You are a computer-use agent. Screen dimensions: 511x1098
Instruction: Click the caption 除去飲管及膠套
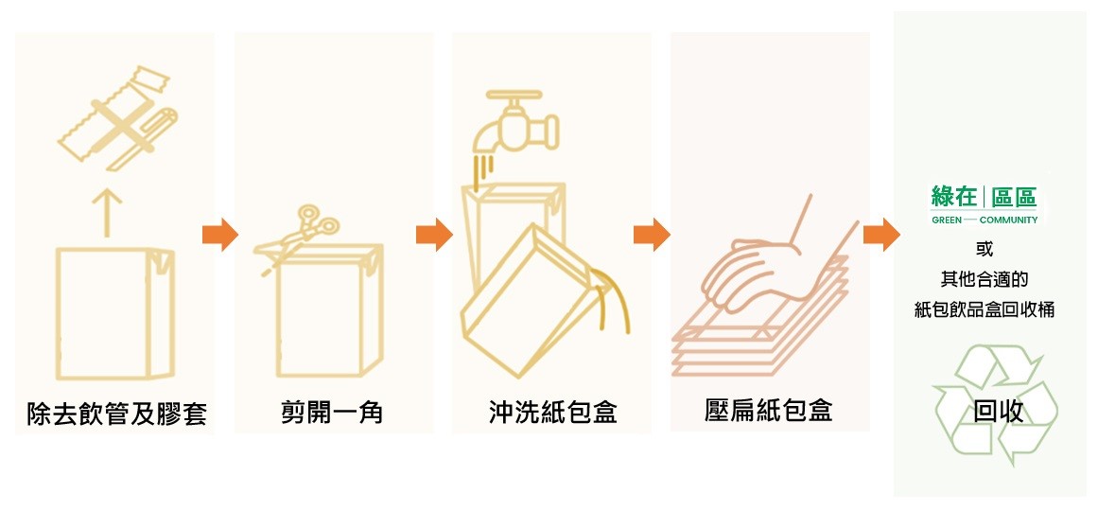point(115,414)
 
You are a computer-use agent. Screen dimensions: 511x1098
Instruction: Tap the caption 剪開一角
point(332,412)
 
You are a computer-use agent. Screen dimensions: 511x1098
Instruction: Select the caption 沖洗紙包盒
point(552,412)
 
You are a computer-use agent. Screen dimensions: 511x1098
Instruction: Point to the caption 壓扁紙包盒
point(769,410)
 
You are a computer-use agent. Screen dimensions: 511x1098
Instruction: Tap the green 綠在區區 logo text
point(984,197)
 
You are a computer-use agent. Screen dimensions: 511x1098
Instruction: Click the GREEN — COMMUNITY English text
point(984,220)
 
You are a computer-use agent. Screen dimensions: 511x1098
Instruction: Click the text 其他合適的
point(985,279)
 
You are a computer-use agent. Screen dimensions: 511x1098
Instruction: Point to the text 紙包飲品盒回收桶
point(985,309)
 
